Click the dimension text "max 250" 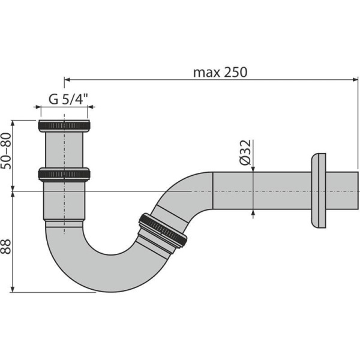click(x=220, y=72)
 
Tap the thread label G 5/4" click(x=65, y=100)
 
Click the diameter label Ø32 click(x=245, y=152)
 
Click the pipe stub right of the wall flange click(x=342, y=191)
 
